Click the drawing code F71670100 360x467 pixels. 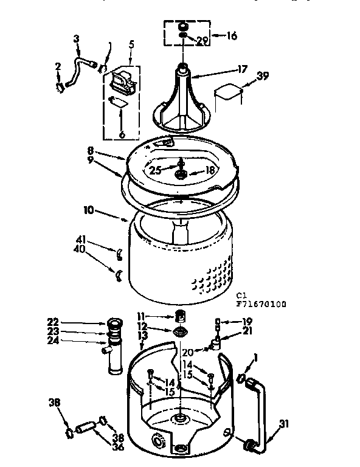tap(261, 303)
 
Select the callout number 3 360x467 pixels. tap(76, 40)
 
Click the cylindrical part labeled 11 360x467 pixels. tap(179, 316)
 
